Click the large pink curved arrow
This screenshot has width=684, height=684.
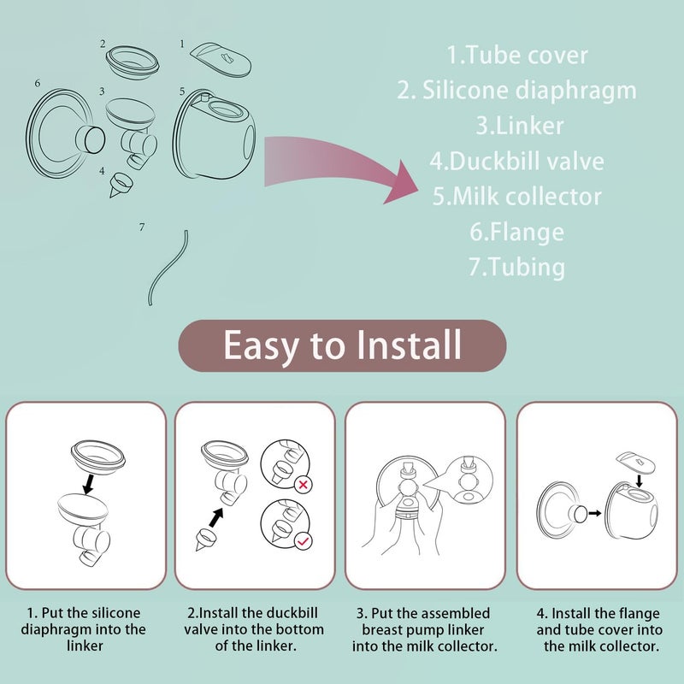click(342, 167)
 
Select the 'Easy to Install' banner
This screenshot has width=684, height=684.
click(342, 345)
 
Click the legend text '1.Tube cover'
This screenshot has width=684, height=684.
click(517, 56)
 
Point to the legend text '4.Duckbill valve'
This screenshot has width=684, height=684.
click(517, 161)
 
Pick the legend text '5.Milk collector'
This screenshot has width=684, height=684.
click(517, 196)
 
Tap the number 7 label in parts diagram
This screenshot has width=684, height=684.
click(142, 227)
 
